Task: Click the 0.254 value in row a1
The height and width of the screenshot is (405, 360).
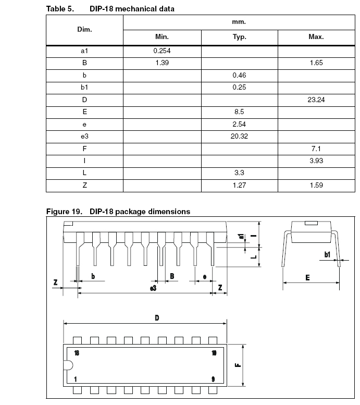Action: pyautogui.click(x=162, y=51)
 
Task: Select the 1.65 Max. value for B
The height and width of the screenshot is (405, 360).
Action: pyautogui.click(x=316, y=63)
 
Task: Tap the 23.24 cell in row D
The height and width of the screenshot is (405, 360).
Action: pyautogui.click(x=316, y=99)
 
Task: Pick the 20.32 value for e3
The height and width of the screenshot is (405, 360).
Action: pyautogui.click(x=240, y=136)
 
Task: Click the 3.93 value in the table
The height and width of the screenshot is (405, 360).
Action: pyautogui.click(x=316, y=161)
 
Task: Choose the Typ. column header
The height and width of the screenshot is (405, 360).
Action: pyautogui.click(x=240, y=37)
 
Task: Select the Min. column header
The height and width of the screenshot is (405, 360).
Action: pyautogui.click(x=162, y=37)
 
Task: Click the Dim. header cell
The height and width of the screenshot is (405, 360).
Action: pyautogui.click(x=84, y=30)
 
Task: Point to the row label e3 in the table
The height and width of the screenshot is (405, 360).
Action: pyautogui.click(x=84, y=136)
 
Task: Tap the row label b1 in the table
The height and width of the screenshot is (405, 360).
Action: pyautogui.click(x=84, y=87)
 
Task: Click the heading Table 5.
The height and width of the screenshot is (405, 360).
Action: pyautogui.click(x=58, y=9)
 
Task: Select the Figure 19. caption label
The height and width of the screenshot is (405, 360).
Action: pyautogui.click(x=65, y=211)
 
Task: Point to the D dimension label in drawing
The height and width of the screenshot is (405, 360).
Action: pyautogui.click(x=157, y=318)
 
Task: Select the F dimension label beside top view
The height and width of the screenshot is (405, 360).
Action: pyautogui.click(x=238, y=365)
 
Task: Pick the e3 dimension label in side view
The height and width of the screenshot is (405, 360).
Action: pyautogui.click(x=153, y=288)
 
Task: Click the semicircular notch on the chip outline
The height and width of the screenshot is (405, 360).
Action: pyautogui.click(x=67, y=365)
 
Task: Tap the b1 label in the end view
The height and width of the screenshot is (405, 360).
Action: pyautogui.click(x=327, y=254)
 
